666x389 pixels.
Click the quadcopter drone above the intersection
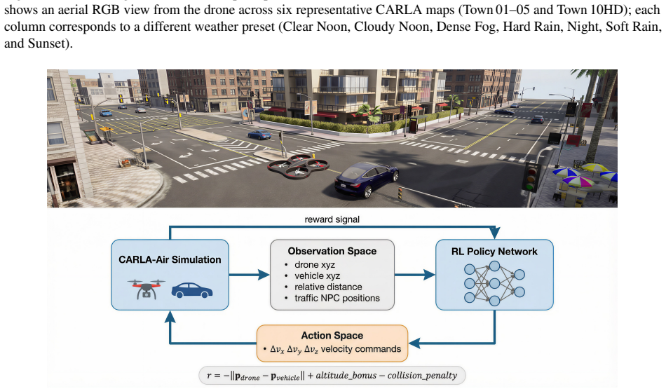click(298, 166)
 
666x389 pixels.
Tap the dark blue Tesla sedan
click(366, 181)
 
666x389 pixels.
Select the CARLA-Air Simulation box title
click(170, 259)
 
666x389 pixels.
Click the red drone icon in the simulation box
click(146, 289)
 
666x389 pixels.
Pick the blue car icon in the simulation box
click(192, 290)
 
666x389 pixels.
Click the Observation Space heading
click(332, 251)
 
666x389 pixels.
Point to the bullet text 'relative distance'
click(328, 287)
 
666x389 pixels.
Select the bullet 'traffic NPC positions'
click(337, 298)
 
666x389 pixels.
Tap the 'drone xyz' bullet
click(315, 264)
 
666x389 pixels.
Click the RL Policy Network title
click(494, 252)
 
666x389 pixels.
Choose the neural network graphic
click(494, 283)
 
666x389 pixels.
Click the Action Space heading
click(332, 336)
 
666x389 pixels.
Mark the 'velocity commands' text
click(360, 349)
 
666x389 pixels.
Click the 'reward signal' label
click(332, 219)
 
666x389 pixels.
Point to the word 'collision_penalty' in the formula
click(422, 376)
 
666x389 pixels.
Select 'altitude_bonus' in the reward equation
click(346, 376)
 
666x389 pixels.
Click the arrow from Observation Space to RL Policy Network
click(415, 275)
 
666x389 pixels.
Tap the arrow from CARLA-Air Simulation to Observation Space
click(250, 275)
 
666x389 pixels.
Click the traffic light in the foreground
click(530, 177)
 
